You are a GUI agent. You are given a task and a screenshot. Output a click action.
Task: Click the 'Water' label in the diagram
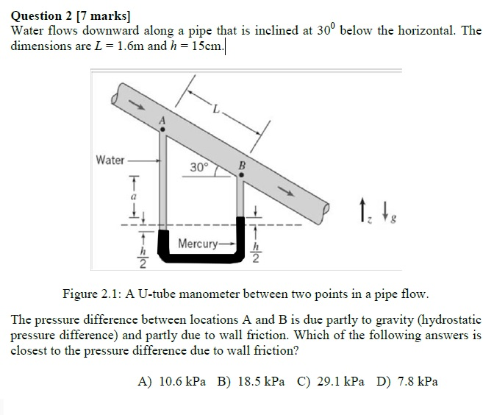point(110,160)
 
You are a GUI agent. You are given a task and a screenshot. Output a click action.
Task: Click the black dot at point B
point(240,175)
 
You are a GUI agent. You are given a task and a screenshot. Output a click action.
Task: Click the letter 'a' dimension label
point(134,197)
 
